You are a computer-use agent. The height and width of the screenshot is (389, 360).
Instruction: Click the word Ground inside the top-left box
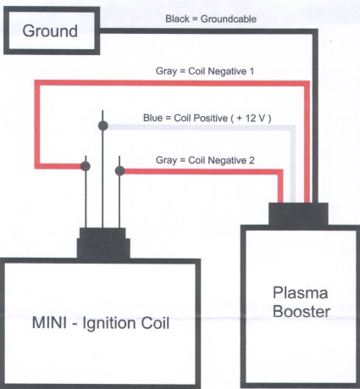pyautogui.click(x=50, y=31)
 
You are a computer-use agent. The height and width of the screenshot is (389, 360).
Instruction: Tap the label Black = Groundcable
pyautogui.click(x=211, y=19)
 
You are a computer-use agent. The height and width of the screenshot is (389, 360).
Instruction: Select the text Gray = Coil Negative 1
pyautogui.click(x=205, y=71)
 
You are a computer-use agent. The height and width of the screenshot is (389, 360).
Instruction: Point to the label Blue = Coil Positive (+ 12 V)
pyautogui.click(x=207, y=118)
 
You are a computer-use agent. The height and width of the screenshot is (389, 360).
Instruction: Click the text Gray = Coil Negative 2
pyautogui.click(x=205, y=160)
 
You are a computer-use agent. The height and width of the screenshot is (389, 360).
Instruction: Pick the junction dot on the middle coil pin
pyautogui.click(x=103, y=125)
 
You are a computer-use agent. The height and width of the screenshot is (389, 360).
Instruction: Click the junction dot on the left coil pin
pyautogui.click(x=86, y=166)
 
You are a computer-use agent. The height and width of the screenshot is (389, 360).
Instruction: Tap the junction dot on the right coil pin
pyautogui.click(x=119, y=170)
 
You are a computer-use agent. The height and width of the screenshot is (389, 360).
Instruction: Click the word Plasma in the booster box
pyautogui.click(x=300, y=292)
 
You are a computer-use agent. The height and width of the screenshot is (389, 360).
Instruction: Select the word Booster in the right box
pyautogui.click(x=302, y=311)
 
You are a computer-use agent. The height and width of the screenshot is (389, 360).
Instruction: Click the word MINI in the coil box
pyautogui.click(x=49, y=323)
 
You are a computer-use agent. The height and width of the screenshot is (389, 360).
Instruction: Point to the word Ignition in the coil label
pyautogui.click(x=110, y=324)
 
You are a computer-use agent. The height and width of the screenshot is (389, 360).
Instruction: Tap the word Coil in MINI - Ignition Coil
pyautogui.click(x=155, y=323)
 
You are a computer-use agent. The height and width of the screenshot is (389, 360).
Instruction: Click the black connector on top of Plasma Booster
pyautogui.click(x=298, y=214)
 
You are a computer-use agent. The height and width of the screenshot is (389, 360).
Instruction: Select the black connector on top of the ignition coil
pyautogui.click(x=103, y=243)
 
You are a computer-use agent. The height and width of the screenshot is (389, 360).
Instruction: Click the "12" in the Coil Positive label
pyautogui.click(x=251, y=118)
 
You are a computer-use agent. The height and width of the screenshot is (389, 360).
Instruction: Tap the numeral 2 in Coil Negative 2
pyautogui.click(x=252, y=160)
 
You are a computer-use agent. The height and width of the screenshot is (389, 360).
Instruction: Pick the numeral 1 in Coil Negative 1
pyautogui.click(x=252, y=71)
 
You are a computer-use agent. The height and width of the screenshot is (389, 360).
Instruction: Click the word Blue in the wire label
pyautogui.click(x=152, y=118)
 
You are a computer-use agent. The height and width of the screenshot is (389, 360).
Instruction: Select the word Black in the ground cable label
pyautogui.click(x=177, y=19)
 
